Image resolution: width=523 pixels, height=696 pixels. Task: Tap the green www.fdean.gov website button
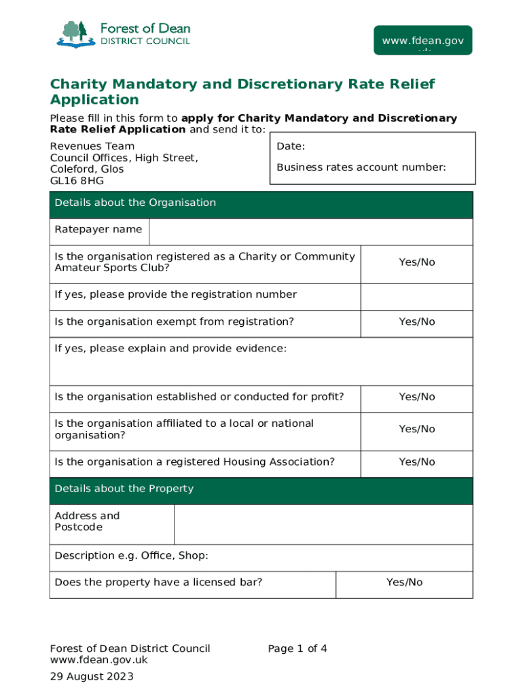point(422,41)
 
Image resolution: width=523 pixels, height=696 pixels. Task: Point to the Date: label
point(291,147)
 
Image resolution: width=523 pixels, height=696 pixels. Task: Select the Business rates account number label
point(361,167)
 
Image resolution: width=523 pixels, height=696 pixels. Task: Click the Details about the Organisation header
point(135,203)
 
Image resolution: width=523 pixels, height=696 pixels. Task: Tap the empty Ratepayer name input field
point(310,232)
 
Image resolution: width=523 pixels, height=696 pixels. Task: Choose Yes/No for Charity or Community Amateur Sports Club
point(416,262)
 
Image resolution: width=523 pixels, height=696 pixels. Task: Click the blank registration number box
point(416,297)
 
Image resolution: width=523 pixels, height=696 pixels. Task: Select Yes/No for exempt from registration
point(416,321)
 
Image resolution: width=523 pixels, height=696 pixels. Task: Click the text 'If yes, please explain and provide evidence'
point(170,349)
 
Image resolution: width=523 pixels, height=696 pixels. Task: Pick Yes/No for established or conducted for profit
point(416,397)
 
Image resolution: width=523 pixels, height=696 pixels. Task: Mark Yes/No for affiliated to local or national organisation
point(416,430)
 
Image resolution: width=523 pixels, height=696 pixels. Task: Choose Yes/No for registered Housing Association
point(416,462)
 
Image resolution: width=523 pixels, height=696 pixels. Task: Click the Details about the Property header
point(124,489)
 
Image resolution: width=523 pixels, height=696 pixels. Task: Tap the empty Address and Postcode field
point(323,524)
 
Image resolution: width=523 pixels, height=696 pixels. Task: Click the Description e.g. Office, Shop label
point(131,556)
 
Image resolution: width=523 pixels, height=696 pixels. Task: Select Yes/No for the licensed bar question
point(404,582)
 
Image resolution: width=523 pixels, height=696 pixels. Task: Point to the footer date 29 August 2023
point(92,676)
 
